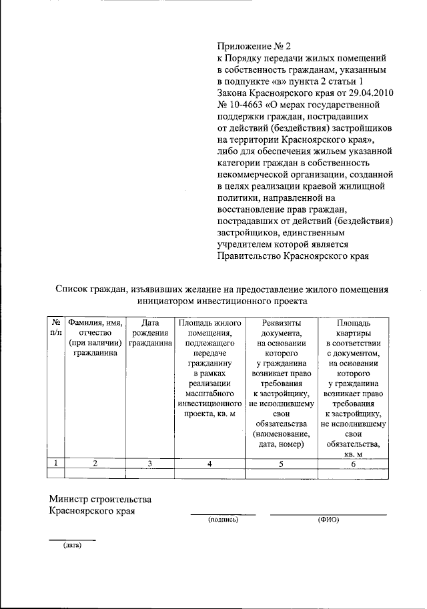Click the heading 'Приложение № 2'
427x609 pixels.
click(x=254, y=46)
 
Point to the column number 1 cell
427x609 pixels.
click(x=57, y=464)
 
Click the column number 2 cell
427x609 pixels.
click(x=96, y=464)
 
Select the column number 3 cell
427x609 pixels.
click(x=151, y=464)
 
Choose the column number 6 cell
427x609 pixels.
click(x=354, y=464)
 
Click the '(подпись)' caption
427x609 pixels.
click(x=223, y=520)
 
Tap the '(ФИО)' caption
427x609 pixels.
click(x=328, y=520)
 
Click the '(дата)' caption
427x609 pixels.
click(x=72, y=545)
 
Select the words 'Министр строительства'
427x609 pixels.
click(x=101, y=499)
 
